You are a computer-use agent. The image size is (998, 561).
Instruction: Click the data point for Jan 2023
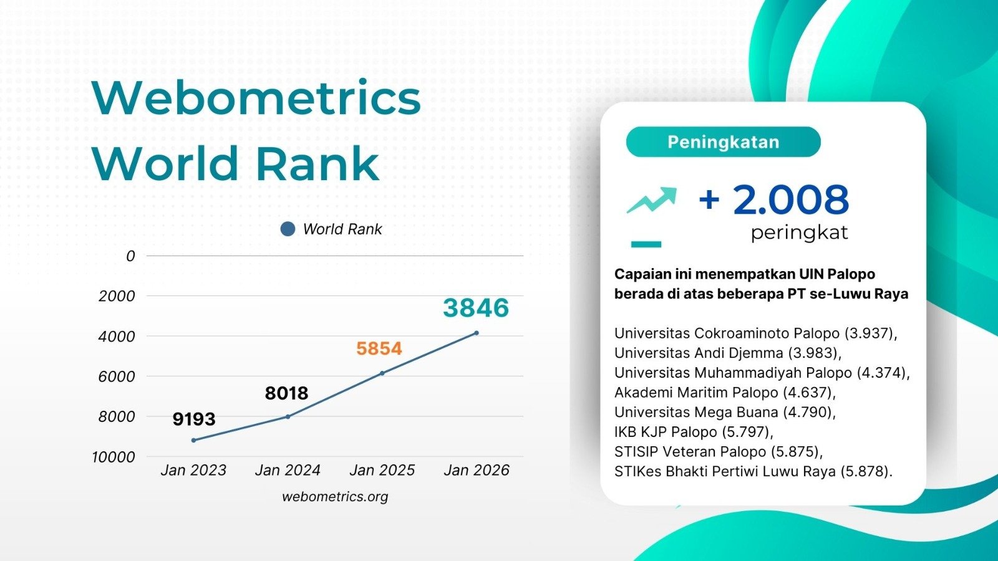point(193,440)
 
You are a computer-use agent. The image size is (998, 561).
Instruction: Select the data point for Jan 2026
point(477,333)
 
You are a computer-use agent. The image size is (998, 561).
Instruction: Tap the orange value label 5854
point(379,348)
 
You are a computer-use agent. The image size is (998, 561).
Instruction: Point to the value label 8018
point(286,393)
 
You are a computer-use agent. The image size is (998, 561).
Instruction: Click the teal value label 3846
point(476,308)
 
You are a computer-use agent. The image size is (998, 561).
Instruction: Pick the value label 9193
point(194,419)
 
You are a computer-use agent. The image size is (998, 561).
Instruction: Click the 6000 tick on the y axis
point(117,376)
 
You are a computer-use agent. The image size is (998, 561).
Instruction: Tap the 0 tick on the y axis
point(130,256)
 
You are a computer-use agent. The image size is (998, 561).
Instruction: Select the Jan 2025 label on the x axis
point(382,470)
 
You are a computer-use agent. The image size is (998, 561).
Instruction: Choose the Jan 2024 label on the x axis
point(288,470)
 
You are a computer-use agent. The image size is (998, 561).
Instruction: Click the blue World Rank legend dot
point(288,229)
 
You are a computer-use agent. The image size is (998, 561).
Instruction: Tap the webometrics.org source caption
point(335,497)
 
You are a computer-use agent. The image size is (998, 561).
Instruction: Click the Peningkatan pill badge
point(723,142)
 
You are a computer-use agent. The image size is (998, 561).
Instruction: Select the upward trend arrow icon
point(652,199)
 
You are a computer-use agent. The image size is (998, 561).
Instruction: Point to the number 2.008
point(790,199)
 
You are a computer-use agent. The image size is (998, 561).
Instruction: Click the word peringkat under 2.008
point(799,233)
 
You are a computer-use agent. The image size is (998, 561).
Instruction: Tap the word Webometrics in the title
point(256,98)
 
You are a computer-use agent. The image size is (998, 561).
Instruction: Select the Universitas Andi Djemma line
point(727,353)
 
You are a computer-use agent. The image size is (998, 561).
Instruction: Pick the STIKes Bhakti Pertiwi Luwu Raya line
point(753,471)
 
